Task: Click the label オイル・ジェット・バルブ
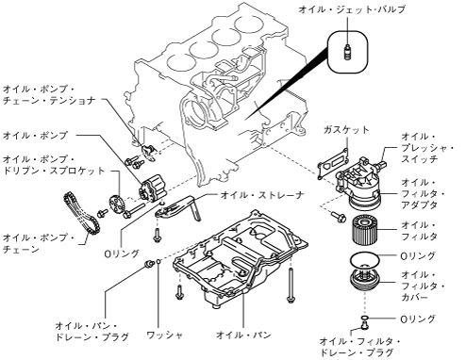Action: (x=352, y=9)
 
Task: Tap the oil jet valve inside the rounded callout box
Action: (x=347, y=53)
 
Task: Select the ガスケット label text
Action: (x=346, y=130)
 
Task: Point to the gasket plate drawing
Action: (x=333, y=163)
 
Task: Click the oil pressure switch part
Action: (x=381, y=164)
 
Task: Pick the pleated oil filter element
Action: (x=364, y=230)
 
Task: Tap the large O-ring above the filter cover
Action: (x=365, y=259)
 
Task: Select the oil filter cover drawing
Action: (x=365, y=281)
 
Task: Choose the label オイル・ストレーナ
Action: (x=262, y=195)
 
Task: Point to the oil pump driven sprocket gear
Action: (x=118, y=205)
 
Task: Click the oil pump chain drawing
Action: (x=81, y=218)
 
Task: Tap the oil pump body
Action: (x=152, y=188)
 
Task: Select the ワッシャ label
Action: (x=165, y=335)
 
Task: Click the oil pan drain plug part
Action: (x=149, y=264)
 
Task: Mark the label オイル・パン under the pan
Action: (x=243, y=335)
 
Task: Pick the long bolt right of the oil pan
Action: (x=291, y=285)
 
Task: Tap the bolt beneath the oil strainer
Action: (x=157, y=235)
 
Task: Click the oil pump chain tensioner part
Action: (x=148, y=152)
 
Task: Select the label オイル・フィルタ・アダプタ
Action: (x=423, y=193)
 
